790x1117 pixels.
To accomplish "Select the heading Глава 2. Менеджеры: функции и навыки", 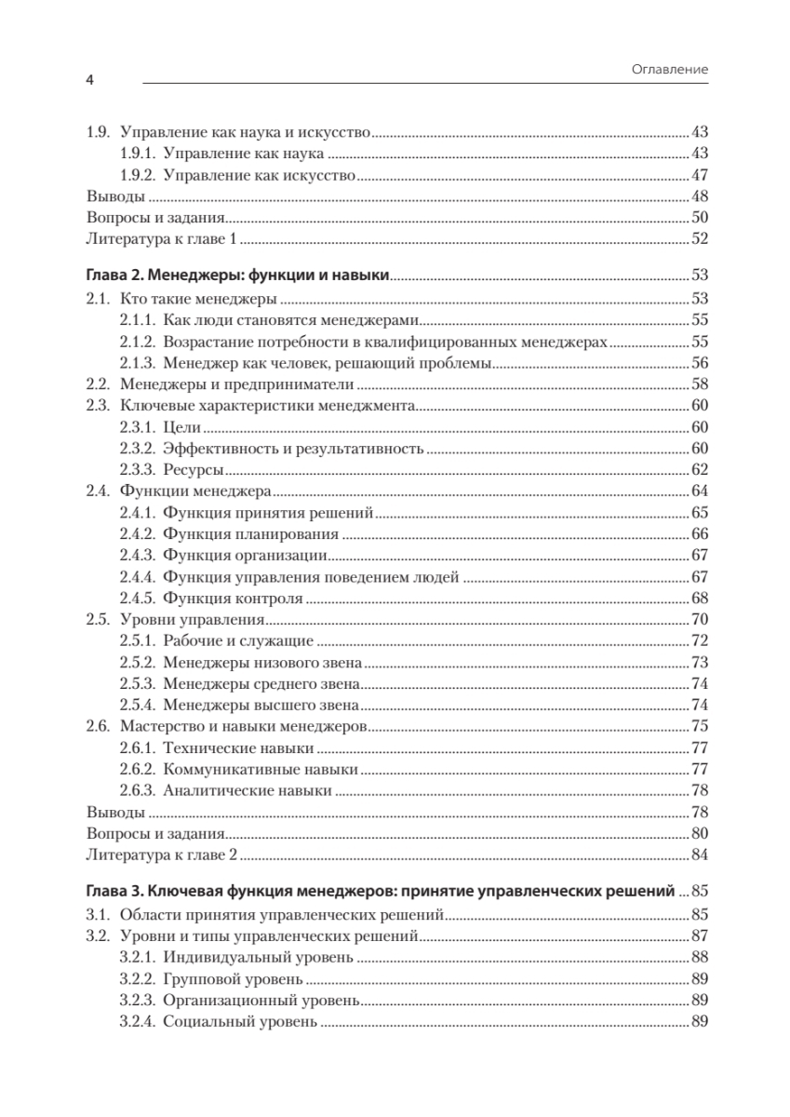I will [237, 275].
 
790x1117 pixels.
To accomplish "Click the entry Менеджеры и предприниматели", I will [239, 384].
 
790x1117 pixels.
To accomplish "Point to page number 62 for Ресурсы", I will [700, 469].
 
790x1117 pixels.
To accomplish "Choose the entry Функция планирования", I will [249, 533].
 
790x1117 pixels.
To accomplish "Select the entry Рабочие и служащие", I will [237, 640].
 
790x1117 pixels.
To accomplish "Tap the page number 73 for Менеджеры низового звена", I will [700, 662].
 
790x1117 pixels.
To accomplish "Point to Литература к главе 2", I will [163, 855].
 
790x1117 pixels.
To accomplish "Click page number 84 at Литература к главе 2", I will [700, 855].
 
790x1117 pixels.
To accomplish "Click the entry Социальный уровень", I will [240, 1021].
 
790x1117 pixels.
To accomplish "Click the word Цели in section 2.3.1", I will [182, 426].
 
